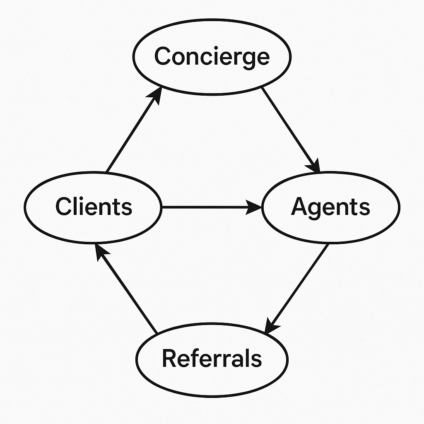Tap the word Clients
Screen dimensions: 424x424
pos(94,206)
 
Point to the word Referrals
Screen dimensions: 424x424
pos(212,358)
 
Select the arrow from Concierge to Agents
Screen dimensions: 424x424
pos(290,128)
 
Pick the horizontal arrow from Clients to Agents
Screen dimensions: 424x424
pos(207,207)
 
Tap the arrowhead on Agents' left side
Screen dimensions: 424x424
pos(253,207)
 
